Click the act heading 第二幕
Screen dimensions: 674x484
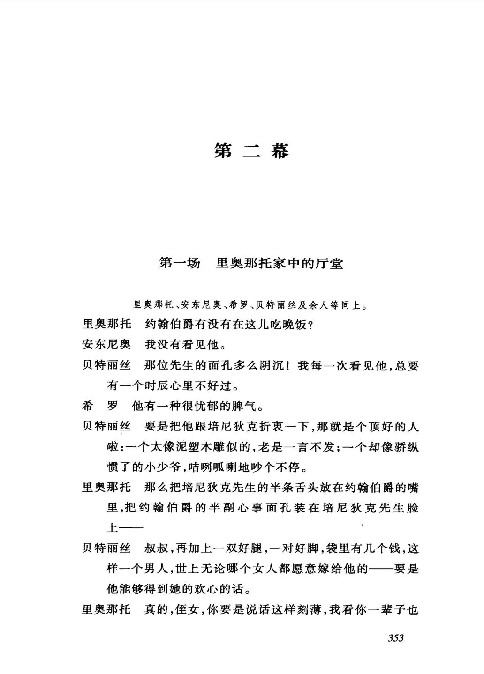click(x=251, y=151)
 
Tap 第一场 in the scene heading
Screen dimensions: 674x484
click(x=179, y=263)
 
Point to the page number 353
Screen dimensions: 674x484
click(x=395, y=638)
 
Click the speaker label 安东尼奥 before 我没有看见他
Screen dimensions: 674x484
click(x=106, y=345)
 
